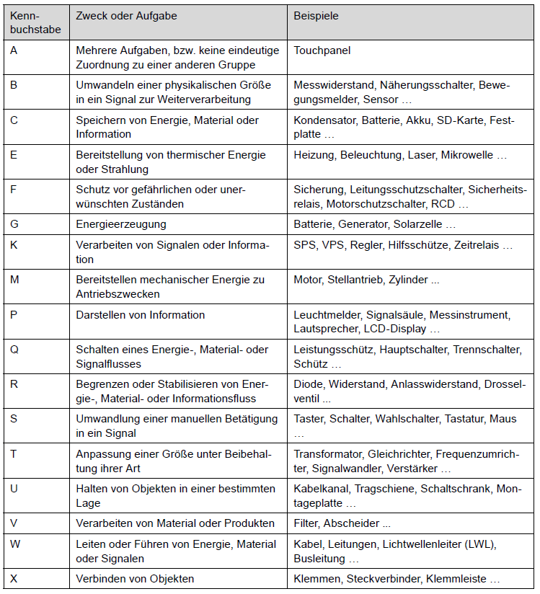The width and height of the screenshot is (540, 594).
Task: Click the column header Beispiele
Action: pos(316,15)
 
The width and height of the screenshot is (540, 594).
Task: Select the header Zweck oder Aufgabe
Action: pos(126,15)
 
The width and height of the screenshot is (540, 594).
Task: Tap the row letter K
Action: pos(14,245)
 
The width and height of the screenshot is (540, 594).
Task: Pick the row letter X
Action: pos(14,578)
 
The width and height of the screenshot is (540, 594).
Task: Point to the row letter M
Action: pos(15,280)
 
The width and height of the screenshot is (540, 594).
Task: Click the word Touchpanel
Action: pos(322,50)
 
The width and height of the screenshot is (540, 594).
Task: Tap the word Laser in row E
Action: pos(421,155)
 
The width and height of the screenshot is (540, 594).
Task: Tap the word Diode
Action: pos(308,384)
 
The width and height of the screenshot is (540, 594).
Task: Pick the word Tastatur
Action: pos(465,419)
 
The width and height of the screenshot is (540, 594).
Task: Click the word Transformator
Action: pos(328,454)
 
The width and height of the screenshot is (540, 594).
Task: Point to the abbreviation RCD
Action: pos(443,204)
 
